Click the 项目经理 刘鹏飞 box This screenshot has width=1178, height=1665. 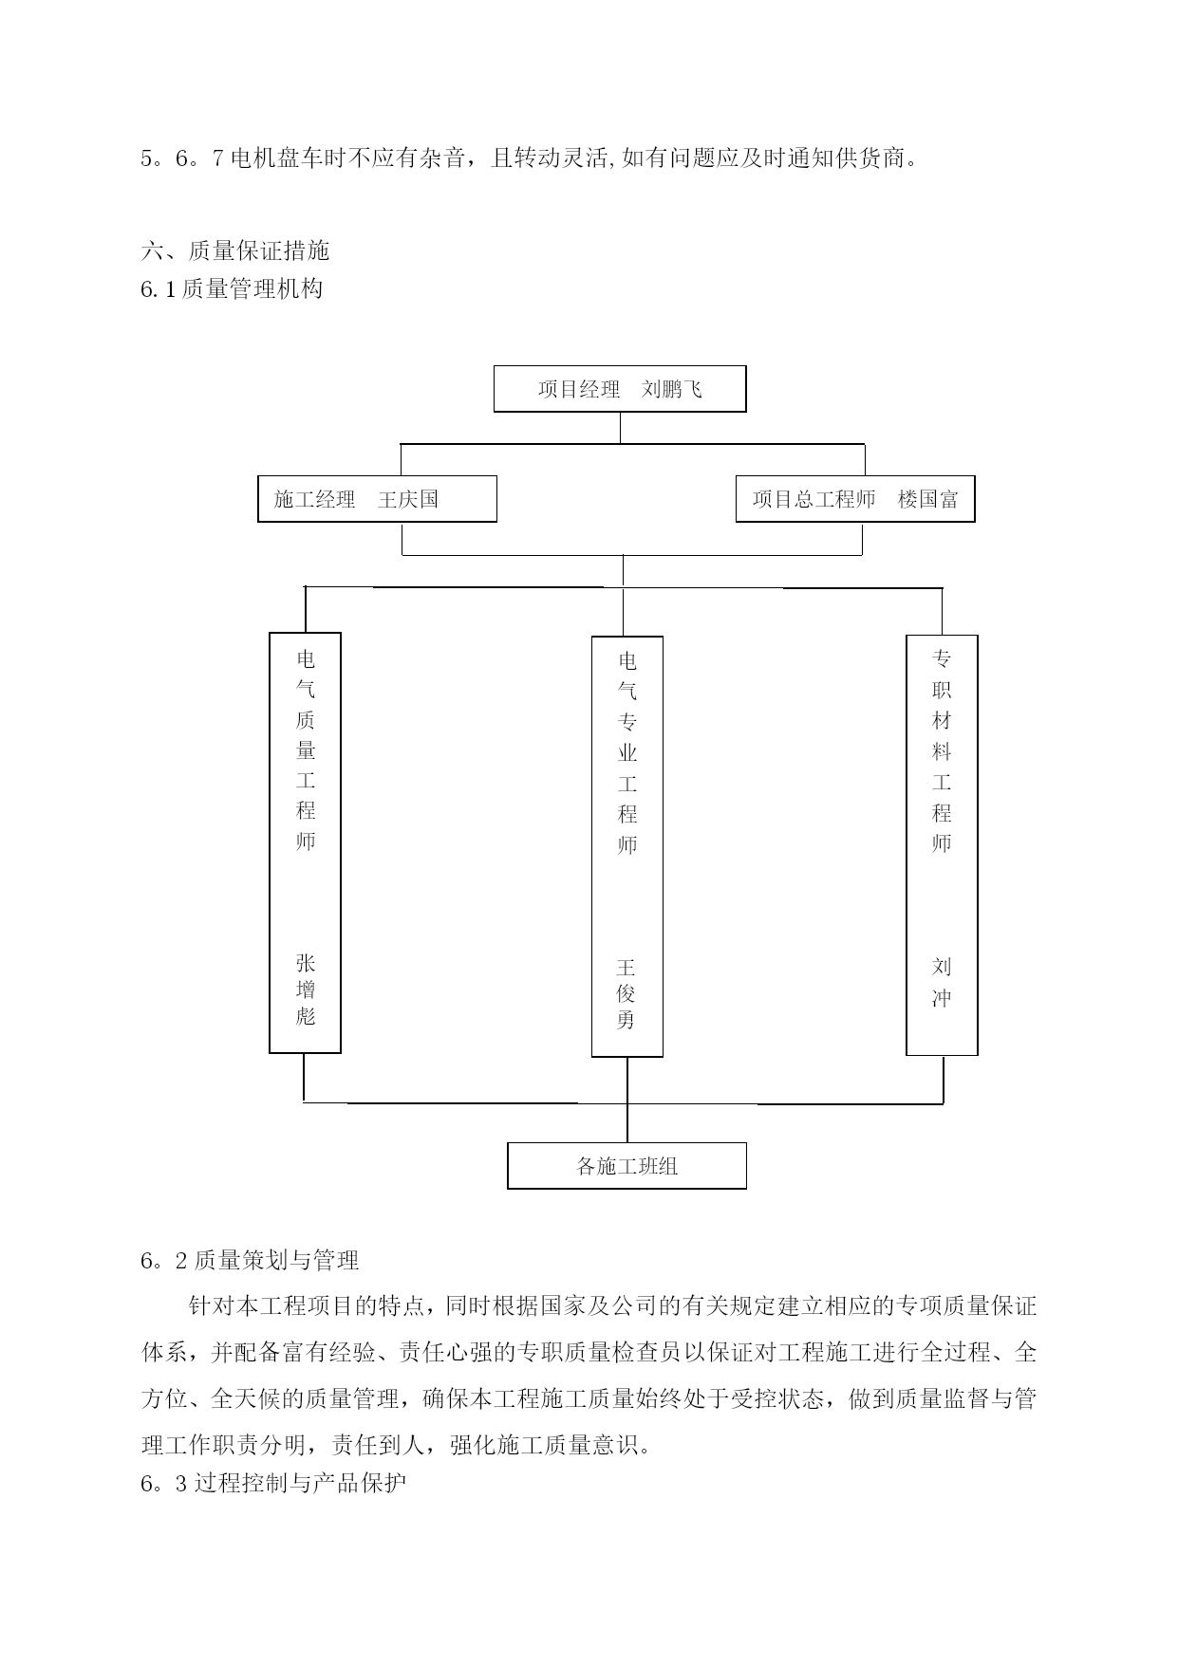[x=620, y=389]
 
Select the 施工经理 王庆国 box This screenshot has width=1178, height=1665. [x=377, y=499]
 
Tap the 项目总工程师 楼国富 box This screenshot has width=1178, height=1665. [x=855, y=499]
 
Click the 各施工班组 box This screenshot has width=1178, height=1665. [x=626, y=1166]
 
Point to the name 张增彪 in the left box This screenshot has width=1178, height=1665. [x=306, y=990]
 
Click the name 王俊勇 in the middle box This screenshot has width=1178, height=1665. [x=626, y=993]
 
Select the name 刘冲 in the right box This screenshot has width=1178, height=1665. [x=942, y=982]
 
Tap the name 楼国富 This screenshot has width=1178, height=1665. [x=928, y=499]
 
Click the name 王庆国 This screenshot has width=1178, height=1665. [x=408, y=499]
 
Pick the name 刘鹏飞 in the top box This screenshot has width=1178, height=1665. [x=672, y=389]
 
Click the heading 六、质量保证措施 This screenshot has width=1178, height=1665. [x=235, y=250]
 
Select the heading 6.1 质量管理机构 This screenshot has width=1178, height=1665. [x=232, y=288]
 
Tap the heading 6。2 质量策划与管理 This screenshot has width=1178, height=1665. [x=250, y=1260]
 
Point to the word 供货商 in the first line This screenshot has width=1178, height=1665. [x=869, y=158]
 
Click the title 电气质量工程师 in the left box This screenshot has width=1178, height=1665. [x=306, y=749]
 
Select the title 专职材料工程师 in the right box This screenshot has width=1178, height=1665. [x=942, y=750]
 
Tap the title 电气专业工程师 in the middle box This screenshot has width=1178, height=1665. [x=626, y=753]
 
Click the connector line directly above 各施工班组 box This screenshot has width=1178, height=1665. [x=626, y=1100]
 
